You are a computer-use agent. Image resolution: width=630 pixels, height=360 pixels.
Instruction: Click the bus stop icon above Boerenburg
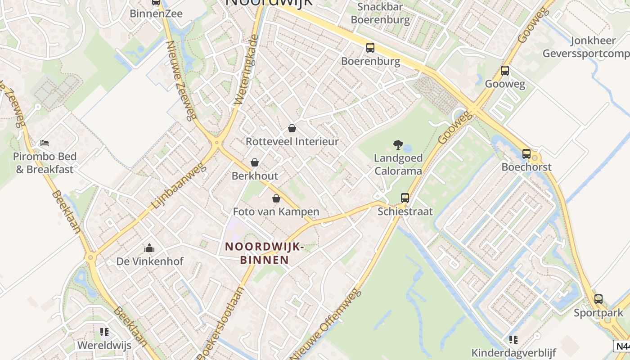tap(370, 47)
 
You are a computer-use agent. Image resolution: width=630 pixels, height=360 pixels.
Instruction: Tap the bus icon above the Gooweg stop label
tap(504, 71)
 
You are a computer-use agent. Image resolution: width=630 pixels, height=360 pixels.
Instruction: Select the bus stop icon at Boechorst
tap(526, 154)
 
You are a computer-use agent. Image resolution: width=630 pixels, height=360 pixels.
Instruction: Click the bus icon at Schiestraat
tap(405, 198)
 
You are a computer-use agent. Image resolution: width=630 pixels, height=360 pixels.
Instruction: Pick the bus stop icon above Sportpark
tap(598, 299)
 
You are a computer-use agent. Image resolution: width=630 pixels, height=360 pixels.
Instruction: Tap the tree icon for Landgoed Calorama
tap(398, 144)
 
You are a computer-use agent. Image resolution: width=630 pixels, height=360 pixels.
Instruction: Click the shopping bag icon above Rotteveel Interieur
tap(292, 128)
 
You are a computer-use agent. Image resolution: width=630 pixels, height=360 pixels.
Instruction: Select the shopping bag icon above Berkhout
tap(255, 162)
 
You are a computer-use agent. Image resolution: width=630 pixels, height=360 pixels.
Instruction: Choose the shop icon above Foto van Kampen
tap(276, 198)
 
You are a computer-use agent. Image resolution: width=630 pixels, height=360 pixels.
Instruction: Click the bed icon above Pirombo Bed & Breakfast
tap(45, 143)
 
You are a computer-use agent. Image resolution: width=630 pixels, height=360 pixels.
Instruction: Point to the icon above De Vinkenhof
tap(149, 248)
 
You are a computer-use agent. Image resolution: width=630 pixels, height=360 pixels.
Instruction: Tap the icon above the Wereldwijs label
tap(104, 333)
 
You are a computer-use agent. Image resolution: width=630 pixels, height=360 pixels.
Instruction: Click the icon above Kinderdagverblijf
tap(513, 339)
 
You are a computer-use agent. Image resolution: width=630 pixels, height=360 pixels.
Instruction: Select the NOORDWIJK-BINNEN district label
tap(265, 253)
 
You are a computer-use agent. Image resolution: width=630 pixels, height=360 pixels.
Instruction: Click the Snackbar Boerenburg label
tap(380, 13)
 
